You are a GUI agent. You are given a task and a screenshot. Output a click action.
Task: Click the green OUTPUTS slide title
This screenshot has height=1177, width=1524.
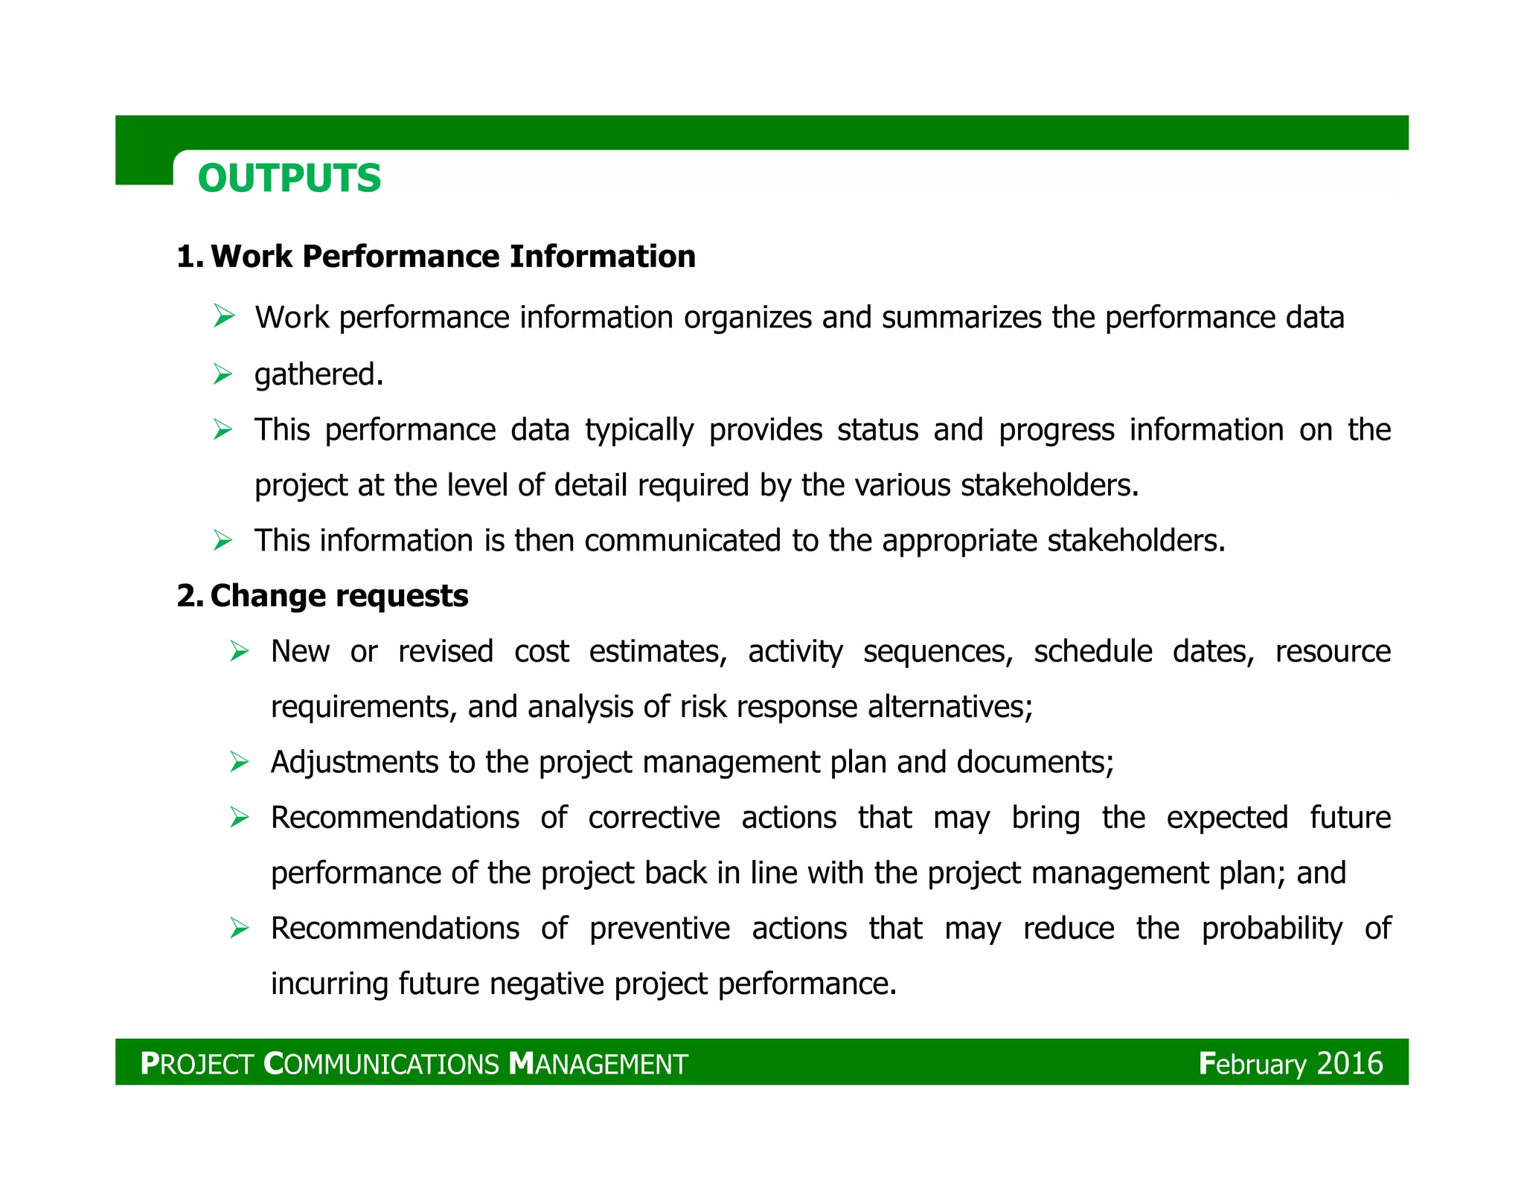coord(289,179)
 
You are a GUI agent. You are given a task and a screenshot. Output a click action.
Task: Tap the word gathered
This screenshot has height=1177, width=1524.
coord(318,374)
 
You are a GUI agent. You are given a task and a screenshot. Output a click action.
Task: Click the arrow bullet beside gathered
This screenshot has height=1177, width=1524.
coord(223,373)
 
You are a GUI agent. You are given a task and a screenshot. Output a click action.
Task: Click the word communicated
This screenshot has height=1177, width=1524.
coord(682,541)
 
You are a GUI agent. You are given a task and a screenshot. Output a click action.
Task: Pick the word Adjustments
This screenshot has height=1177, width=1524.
coord(354,763)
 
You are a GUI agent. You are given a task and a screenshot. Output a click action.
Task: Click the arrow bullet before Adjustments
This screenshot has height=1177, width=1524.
coord(239,762)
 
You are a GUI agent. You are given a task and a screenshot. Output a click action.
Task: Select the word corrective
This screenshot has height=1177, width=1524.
coord(654,818)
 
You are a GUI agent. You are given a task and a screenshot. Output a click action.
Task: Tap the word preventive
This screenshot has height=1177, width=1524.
coord(659,929)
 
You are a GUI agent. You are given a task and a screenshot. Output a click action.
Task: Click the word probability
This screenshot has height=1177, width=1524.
coord(1272,929)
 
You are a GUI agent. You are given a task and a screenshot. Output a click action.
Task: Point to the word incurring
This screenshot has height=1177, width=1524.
coord(329,984)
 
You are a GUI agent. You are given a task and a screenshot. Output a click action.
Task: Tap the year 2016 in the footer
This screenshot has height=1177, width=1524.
coord(1349,1063)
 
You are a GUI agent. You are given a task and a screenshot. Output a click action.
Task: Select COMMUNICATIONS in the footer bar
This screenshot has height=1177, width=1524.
coord(382,1064)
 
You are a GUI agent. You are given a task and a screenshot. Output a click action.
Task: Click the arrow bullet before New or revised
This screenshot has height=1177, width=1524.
coord(239,652)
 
